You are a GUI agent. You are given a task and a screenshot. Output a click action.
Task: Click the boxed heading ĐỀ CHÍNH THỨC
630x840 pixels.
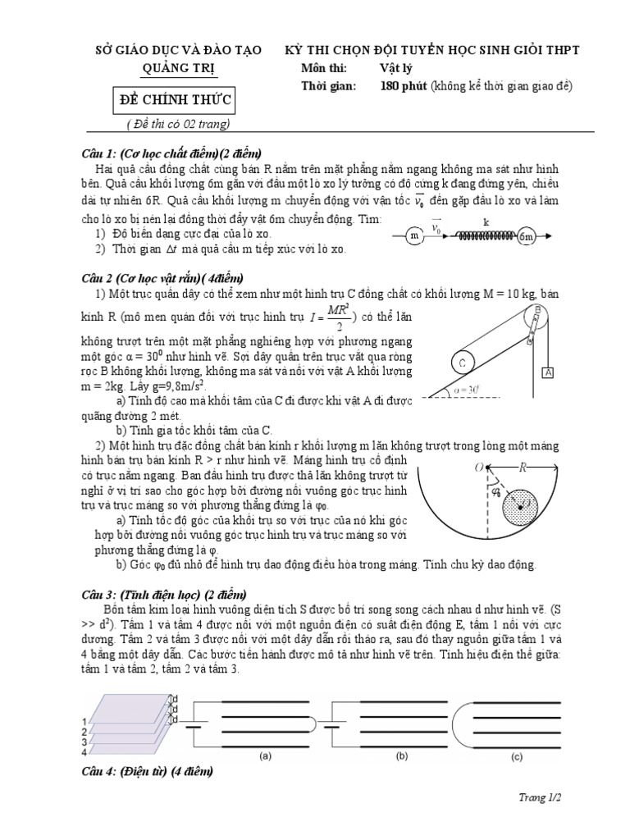click(172, 101)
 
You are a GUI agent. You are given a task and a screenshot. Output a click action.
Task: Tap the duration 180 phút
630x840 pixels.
click(404, 86)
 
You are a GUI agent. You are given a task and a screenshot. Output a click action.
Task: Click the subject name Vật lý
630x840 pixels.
click(398, 69)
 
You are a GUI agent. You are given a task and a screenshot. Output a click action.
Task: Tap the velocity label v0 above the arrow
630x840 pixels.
click(436, 226)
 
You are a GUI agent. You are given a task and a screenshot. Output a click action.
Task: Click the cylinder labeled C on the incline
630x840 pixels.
click(464, 361)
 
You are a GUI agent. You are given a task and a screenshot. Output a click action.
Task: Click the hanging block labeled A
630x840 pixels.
click(547, 372)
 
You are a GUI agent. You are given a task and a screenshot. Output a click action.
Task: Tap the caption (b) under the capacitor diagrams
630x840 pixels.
click(402, 755)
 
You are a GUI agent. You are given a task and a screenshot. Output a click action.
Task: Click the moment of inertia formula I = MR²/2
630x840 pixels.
click(336, 318)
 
